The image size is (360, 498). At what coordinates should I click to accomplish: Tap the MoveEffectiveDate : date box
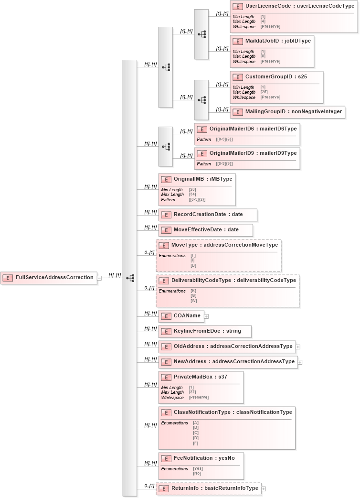point(206,230)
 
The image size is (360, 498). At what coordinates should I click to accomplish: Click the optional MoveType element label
point(224,245)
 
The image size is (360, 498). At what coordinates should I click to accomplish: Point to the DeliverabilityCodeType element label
point(233,280)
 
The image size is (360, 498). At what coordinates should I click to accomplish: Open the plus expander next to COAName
point(207,316)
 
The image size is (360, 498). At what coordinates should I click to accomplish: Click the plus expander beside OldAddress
point(298,347)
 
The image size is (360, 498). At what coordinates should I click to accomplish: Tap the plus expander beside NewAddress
point(300,362)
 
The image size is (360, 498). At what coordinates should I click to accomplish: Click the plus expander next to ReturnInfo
point(264,488)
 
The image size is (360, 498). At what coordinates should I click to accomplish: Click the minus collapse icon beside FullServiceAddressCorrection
point(99,278)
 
